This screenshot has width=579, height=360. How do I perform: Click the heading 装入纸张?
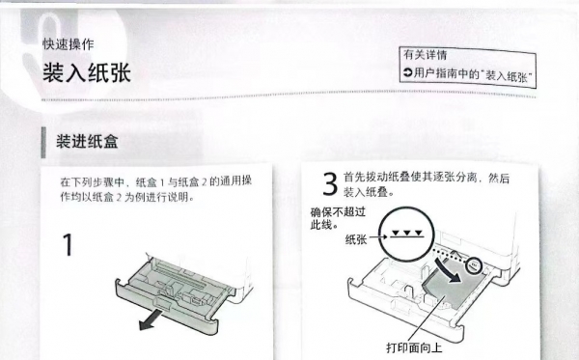pyautogui.click(x=87, y=72)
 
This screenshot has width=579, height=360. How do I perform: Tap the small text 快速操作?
pyautogui.click(x=69, y=44)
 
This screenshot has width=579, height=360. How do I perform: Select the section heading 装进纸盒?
pyautogui.click(x=87, y=142)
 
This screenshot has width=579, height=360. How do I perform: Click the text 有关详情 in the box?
pyautogui.click(x=425, y=55)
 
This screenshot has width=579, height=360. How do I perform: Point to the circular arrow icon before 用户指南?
pyautogui.click(x=407, y=72)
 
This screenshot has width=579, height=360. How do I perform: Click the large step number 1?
pyautogui.click(x=68, y=244)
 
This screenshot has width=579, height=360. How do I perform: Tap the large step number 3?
pyautogui.click(x=330, y=183)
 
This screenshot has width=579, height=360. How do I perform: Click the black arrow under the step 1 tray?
pyautogui.click(x=151, y=319)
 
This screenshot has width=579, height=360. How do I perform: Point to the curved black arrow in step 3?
pyautogui.click(x=448, y=271)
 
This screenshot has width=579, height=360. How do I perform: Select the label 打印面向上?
pyautogui.click(x=414, y=347)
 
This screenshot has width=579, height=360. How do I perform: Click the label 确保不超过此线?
pyautogui.click(x=338, y=218)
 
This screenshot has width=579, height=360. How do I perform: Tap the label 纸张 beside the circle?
pyautogui.click(x=356, y=239)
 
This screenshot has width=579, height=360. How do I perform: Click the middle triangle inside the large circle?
pyautogui.click(x=407, y=233)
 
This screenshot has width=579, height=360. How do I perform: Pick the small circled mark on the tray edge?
pyautogui.click(x=474, y=265)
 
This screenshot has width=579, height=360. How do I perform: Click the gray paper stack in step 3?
pyautogui.click(x=452, y=285)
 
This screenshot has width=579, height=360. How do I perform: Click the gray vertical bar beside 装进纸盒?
pyautogui.click(x=43, y=142)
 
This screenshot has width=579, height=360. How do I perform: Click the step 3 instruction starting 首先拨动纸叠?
pyautogui.click(x=427, y=184)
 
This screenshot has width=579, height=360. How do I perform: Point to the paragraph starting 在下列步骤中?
pyautogui.click(x=155, y=189)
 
